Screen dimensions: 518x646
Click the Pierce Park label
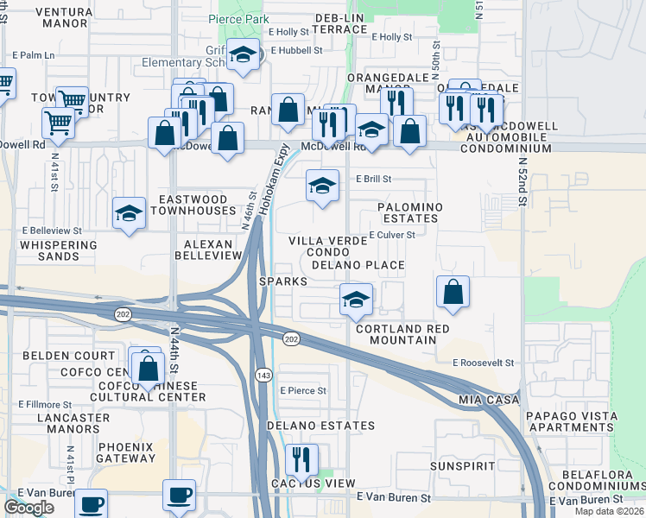pos(234,19)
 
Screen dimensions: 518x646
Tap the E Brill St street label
pos(375,180)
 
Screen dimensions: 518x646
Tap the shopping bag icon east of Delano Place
pos(453,292)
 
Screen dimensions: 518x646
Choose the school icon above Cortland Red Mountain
pos(356,300)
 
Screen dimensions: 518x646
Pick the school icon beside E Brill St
pos(322,186)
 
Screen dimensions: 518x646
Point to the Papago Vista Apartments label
pos(572,421)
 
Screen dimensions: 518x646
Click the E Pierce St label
pos(303,391)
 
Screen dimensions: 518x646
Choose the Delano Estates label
pos(320,426)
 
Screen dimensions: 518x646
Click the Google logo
pos(28,508)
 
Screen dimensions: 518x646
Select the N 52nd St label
pos(522,182)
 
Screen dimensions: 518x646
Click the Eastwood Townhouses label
pos(194,205)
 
